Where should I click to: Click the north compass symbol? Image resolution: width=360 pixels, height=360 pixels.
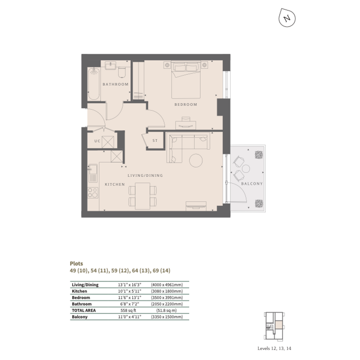(x=287, y=18)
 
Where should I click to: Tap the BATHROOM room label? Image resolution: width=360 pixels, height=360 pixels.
(x=115, y=84)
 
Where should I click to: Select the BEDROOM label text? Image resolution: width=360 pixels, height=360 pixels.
(x=186, y=104)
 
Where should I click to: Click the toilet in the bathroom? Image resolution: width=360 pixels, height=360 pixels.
(x=122, y=72)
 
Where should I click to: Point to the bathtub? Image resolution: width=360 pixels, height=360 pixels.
(x=94, y=84)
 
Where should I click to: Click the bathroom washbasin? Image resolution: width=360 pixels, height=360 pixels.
(x=110, y=65)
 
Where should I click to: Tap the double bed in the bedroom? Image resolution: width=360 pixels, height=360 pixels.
(x=186, y=80)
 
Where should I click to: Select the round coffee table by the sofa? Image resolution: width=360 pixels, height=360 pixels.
(x=196, y=160)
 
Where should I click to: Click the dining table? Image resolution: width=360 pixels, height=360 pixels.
(x=142, y=196)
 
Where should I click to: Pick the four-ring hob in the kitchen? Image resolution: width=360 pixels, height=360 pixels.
(x=93, y=193)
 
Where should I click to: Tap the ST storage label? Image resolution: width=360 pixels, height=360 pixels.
(x=155, y=141)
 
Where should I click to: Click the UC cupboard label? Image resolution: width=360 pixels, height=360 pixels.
(x=98, y=141)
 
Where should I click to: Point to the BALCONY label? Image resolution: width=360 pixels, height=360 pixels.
(x=252, y=184)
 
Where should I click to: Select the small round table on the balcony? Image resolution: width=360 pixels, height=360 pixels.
(x=246, y=169)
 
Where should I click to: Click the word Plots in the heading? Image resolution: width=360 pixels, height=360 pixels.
(x=77, y=264)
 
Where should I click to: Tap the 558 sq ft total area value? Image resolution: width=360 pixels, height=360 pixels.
(x=128, y=310)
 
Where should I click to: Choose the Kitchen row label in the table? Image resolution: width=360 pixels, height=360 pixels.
(x=80, y=291)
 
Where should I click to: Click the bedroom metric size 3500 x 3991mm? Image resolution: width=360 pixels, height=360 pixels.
(x=167, y=298)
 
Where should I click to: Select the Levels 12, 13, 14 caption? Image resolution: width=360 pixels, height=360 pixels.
(x=274, y=349)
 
